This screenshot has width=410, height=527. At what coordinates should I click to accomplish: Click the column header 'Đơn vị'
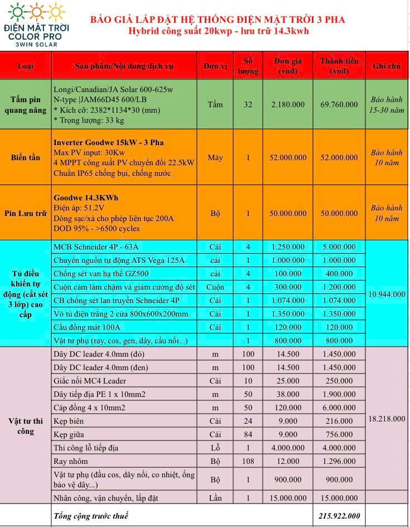click(x=215, y=66)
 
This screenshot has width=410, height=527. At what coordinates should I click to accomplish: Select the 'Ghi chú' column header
click(x=386, y=66)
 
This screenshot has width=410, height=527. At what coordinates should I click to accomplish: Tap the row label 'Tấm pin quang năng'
click(x=26, y=104)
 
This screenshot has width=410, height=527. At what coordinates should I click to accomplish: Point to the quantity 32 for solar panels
click(x=248, y=104)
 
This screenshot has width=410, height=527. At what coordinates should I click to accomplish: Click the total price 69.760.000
click(x=339, y=104)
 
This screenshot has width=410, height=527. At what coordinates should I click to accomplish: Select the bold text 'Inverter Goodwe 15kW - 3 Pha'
click(x=108, y=142)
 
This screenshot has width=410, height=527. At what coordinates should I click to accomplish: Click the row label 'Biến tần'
click(x=26, y=157)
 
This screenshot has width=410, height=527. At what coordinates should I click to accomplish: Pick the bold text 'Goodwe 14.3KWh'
click(x=86, y=198)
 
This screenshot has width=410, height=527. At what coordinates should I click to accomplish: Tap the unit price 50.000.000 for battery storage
click(x=288, y=213)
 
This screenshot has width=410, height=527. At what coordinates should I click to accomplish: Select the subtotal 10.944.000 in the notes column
click(x=387, y=294)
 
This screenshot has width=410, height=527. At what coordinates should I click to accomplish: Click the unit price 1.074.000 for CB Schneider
click(x=288, y=300)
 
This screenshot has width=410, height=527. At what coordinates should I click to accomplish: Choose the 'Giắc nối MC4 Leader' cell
click(x=90, y=381)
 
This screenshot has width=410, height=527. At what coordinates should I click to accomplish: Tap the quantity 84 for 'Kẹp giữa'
click(x=248, y=434)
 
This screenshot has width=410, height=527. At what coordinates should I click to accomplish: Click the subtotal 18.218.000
click(x=387, y=419)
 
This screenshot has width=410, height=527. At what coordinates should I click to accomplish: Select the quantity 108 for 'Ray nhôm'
click(x=248, y=461)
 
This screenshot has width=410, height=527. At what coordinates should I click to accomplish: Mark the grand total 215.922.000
click(x=339, y=516)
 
